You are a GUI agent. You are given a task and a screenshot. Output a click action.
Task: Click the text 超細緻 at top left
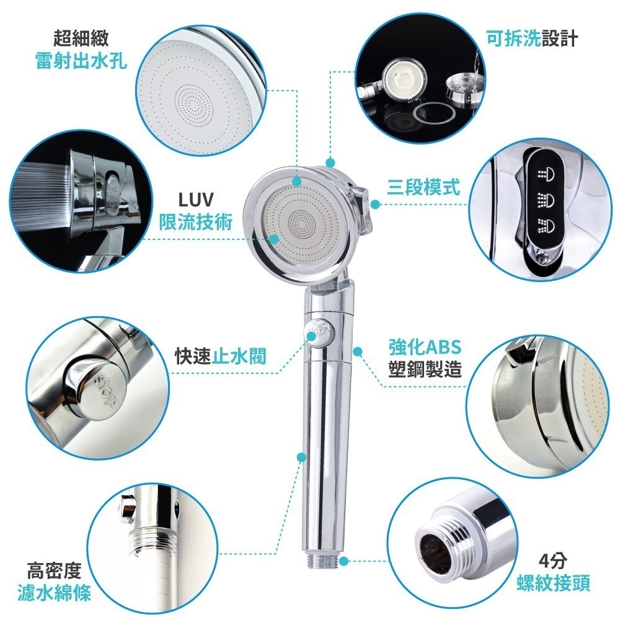coord(81,39)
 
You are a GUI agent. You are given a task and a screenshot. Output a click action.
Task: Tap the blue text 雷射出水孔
coord(81,61)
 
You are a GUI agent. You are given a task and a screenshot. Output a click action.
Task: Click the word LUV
coord(195,200)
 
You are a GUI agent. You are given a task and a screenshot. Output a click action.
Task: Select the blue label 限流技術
coord(195,221)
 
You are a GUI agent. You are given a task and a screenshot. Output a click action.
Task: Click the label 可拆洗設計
coord(531,39)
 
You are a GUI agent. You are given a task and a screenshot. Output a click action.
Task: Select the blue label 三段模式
coord(423,187)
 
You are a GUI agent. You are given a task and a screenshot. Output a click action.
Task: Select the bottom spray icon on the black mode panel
coord(544,224)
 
